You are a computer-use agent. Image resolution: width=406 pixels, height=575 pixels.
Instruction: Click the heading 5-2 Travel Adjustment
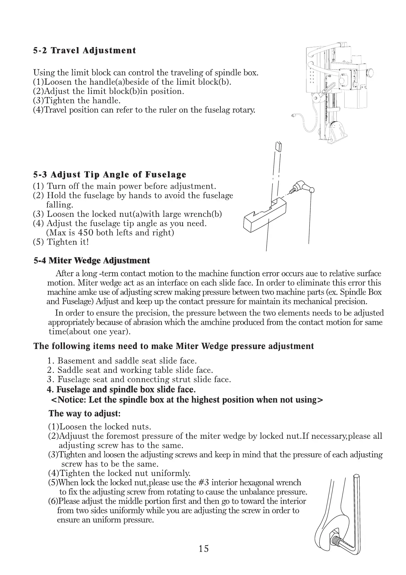coord(84,51)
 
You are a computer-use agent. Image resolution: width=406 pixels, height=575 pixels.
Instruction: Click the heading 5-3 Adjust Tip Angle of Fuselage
coord(110,175)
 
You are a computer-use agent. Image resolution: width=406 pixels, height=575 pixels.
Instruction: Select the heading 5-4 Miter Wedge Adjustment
coord(92,261)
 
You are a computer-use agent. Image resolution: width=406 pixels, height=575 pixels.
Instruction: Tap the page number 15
coord(203,549)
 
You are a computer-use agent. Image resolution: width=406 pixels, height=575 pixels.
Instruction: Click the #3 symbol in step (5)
coord(203,483)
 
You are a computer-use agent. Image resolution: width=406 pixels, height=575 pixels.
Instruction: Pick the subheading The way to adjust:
coord(85,413)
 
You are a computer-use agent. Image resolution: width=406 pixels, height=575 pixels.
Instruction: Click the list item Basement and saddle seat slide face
coord(127,361)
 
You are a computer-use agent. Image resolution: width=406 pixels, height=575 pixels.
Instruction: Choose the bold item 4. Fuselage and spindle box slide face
coord(121,390)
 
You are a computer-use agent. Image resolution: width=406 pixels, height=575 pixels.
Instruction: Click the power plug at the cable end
coord(293,116)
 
